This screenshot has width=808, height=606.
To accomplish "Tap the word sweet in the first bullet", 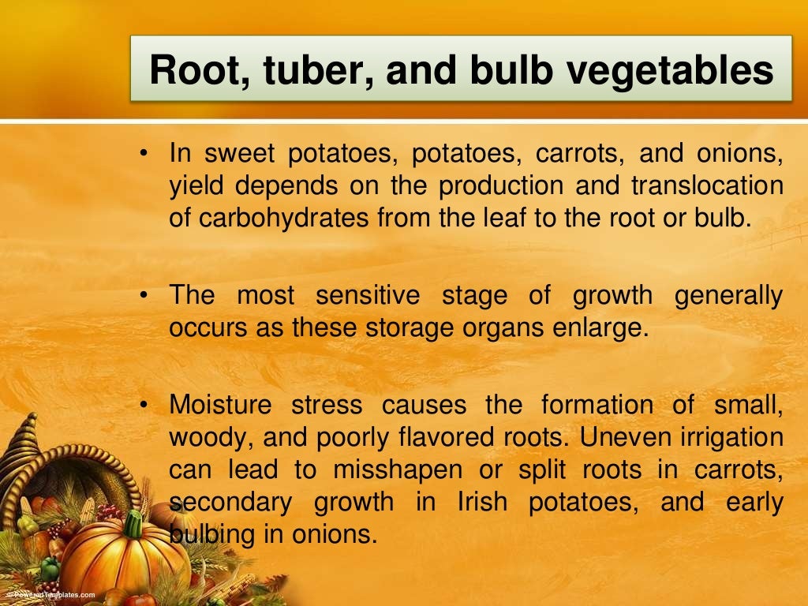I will (x=238, y=155).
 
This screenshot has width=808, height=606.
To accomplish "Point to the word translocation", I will (x=707, y=186).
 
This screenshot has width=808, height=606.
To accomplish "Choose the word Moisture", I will (x=221, y=406).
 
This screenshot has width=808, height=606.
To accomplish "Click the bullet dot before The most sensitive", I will (x=144, y=294).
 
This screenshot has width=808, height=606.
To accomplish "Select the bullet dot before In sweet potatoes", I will (x=144, y=154).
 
